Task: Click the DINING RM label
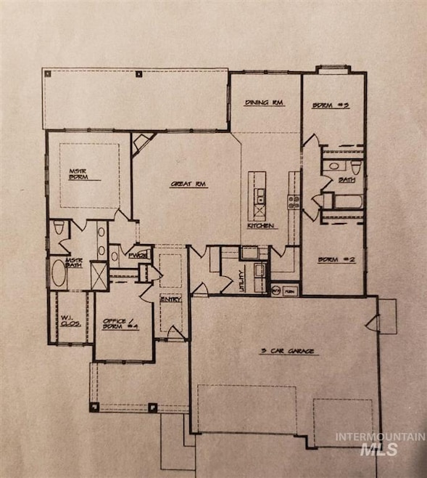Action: pyautogui.click(x=264, y=103)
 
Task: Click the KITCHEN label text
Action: pyautogui.click(x=259, y=227)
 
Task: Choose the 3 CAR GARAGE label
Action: pyautogui.click(x=288, y=352)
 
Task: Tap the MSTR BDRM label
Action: pyautogui.click(x=78, y=174)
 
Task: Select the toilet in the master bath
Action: pyautogui.click(x=59, y=229)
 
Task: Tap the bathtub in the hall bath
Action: pyautogui.click(x=341, y=200)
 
